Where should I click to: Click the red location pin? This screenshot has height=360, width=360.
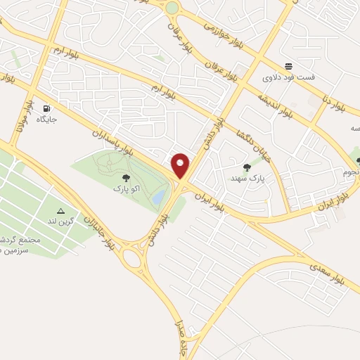(x=181, y=165)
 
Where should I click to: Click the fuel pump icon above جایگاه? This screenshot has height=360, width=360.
(x=47, y=109)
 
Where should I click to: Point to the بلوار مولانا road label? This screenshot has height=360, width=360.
(x=23, y=116)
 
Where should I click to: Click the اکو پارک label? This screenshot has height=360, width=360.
(x=127, y=188)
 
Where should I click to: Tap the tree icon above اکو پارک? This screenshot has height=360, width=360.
(x=126, y=179)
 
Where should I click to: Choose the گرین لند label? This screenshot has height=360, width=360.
(x=60, y=221)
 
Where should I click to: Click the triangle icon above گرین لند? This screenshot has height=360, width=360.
(x=60, y=211)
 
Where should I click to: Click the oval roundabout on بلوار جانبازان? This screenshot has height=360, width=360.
(x=131, y=258)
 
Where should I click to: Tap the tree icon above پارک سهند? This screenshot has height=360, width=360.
(x=246, y=167)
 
